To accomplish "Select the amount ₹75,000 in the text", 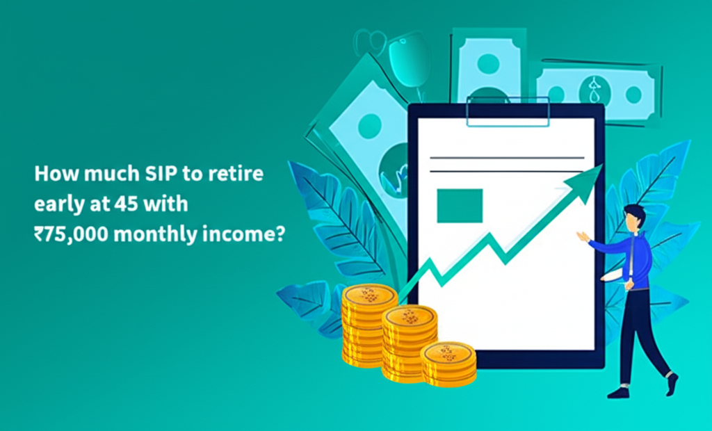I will [x=68, y=235].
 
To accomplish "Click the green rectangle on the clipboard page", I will [x=460, y=205].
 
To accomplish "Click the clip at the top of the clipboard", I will [x=507, y=111].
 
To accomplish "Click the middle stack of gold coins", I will [x=410, y=341].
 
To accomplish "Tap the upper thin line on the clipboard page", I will [x=507, y=158].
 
